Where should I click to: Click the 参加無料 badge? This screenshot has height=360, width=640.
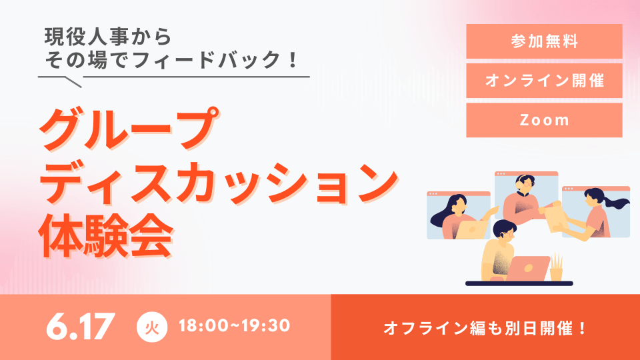(544, 41)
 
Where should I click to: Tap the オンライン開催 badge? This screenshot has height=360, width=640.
(544, 81)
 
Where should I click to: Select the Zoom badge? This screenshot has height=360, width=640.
(544, 120)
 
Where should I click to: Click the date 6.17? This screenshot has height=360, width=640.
(80, 326)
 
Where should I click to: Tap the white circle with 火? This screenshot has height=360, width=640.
(152, 327)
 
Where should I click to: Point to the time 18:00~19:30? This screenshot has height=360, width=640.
(234, 326)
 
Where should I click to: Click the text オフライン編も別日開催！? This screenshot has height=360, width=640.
(485, 328)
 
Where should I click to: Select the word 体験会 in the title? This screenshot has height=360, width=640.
(105, 235)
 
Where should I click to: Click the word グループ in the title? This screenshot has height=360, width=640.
(129, 129)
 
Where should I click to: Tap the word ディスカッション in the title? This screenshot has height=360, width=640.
(219, 183)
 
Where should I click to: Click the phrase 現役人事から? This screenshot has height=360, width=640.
(108, 37)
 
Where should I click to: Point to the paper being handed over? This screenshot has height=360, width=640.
(553, 219)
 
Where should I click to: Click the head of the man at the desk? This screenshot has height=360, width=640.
(505, 231)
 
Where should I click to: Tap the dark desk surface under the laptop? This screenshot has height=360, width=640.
(519, 283)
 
